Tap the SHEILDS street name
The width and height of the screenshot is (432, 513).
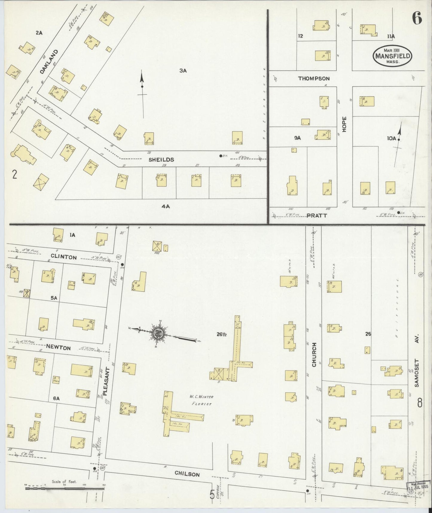(161, 160)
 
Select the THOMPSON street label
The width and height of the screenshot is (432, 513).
(314, 79)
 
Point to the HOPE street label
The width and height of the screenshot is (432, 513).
(344, 125)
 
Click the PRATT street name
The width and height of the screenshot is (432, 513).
(317, 215)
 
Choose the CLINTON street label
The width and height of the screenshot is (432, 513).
(64, 257)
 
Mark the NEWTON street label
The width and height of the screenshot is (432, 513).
(58, 348)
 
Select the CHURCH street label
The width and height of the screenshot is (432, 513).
(314, 355)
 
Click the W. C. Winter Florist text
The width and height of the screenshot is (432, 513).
(201, 400)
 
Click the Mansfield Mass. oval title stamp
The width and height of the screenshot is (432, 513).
(392, 55)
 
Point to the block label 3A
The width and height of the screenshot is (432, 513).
(183, 71)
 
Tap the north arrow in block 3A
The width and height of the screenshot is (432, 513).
(142, 90)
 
